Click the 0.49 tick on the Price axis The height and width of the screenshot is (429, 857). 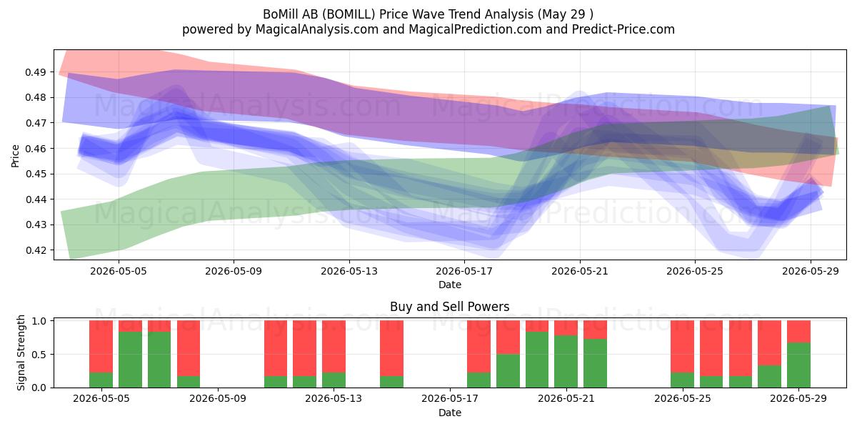(35, 72)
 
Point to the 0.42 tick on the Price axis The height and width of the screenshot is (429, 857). (35, 250)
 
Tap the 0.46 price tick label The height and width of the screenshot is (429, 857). (35, 148)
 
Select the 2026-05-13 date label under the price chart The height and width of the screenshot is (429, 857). (349, 271)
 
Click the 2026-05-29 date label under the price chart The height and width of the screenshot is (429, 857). (811, 271)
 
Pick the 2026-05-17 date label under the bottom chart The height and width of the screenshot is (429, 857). (450, 398)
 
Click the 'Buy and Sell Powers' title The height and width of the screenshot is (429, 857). (449, 307)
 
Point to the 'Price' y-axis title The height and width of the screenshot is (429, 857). (15, 156)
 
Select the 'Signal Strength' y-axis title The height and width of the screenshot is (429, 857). (21, 352)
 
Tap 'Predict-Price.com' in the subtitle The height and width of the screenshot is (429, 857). (623, 29)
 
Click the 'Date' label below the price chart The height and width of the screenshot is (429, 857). (449, 285)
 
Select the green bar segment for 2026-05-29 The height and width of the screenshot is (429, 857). (798, 365)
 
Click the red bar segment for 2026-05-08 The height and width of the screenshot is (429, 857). (189, 348)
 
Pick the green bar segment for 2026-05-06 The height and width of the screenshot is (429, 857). (130, 360)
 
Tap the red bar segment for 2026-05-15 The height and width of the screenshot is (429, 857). (391, 348)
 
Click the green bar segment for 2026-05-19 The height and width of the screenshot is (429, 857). (508, 371)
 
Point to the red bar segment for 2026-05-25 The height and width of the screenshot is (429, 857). (682, 347)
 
